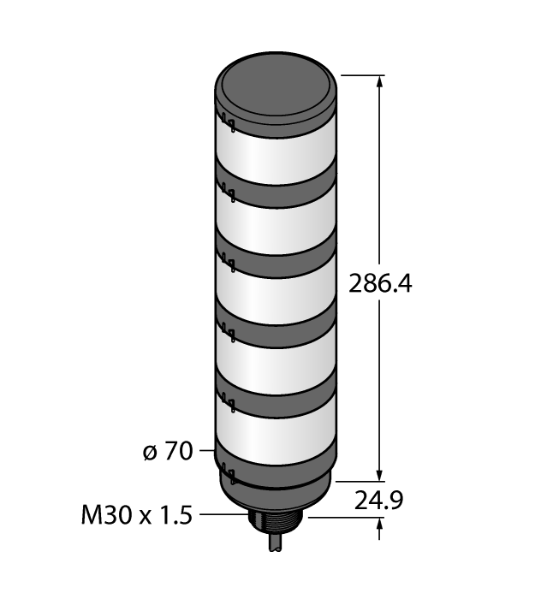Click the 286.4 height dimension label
(x=380, y=282)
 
